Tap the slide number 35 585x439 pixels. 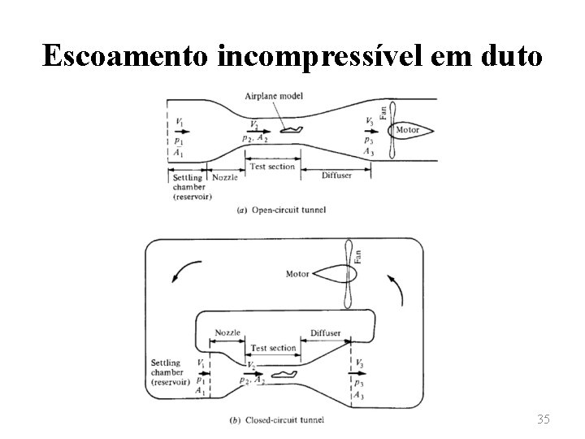point(544,419)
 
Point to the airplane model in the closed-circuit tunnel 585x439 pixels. point(284,374)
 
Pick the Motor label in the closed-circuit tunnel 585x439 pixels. point(297,274)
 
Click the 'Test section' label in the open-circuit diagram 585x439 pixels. point(273,167)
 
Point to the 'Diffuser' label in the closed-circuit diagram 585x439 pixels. point(326,333)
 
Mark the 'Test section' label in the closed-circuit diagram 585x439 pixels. point(273,348)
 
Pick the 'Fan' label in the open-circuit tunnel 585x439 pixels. point(383,112)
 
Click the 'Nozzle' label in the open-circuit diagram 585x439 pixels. point(224,176)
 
